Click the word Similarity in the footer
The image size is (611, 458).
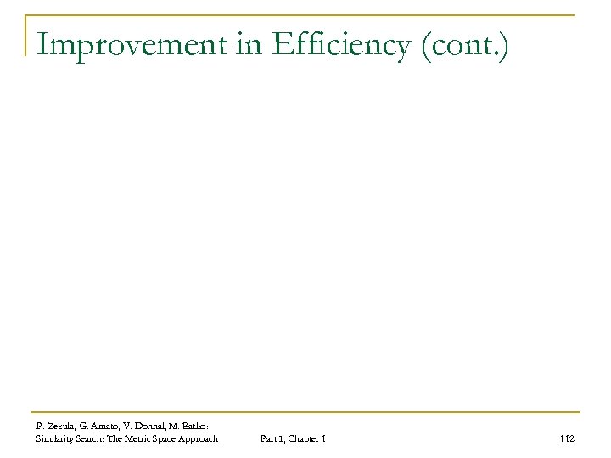56,438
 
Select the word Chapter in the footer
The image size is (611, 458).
305,438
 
